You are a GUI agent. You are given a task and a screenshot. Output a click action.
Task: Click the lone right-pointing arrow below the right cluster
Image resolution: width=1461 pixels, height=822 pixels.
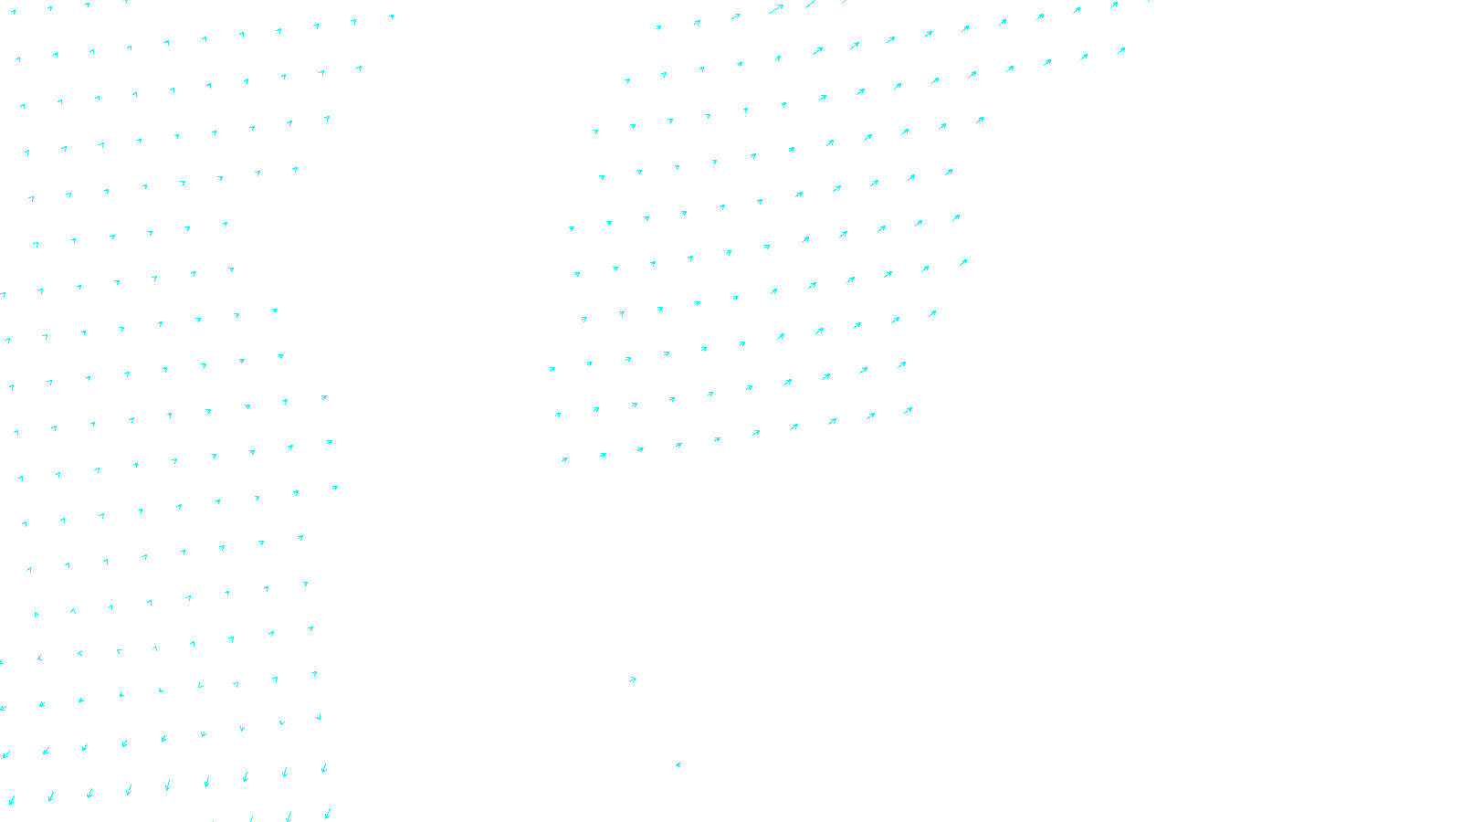pyautogui.click(x=633, y=680)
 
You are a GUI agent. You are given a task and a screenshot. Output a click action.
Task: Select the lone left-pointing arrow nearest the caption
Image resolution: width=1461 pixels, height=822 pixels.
pyautogui.click(x=678, y=764)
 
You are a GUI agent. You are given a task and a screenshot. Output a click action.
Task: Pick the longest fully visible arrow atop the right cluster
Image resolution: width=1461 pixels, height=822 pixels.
pyautogui.click(x=776, y=9)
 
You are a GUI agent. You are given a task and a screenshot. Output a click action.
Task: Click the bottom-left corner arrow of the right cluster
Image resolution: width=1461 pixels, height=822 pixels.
pyautogui.click(x=564, y=459)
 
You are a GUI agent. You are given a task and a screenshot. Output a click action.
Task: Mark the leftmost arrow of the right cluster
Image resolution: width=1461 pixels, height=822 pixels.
pyautogui.click(x=552, y=369)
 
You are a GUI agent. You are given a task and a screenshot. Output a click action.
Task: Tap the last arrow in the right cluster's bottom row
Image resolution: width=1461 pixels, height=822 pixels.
pyautogui.click(x=908, y=411)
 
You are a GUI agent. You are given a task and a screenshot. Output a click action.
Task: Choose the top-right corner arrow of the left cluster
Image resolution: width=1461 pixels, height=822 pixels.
pyautogui.click(x=392, y=16)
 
